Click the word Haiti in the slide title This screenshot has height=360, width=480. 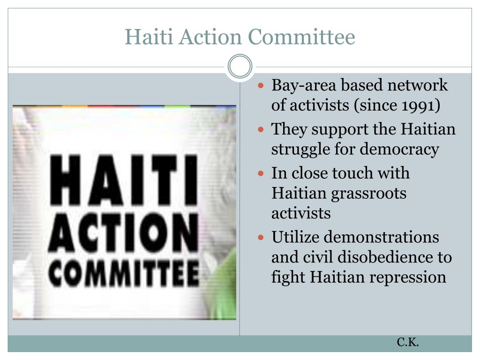click(149, 37)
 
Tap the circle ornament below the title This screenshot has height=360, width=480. click(240, 67)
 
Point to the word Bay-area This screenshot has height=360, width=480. click(304, 86)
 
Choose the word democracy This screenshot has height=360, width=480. click(399, 150)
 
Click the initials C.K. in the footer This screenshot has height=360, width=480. click(408, 342)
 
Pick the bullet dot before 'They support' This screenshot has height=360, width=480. click(261, 129)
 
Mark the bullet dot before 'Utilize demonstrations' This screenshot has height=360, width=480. click(261, 237)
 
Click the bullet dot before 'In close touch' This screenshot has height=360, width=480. click(261, 173)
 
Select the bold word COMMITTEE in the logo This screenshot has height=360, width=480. click(124, 273)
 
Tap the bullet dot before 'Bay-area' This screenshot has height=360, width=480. click(261, 85)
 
